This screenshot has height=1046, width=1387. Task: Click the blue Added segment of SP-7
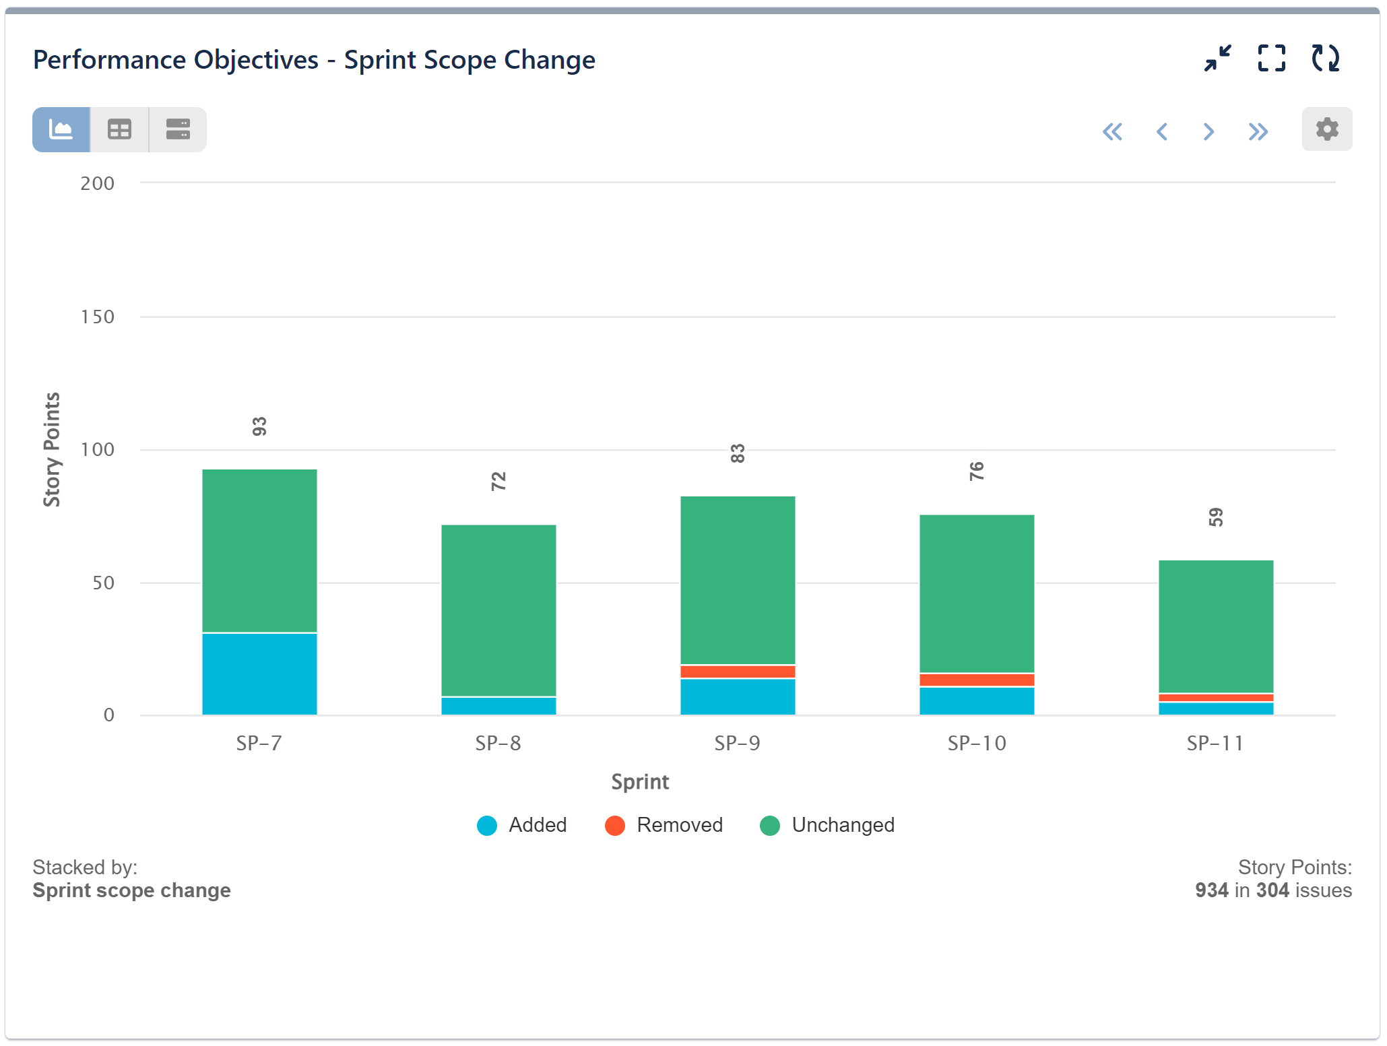click(x=259, y=674)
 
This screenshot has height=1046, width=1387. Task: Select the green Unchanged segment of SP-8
click(x=498, y=610)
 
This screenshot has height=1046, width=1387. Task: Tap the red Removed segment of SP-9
click(x=738, y=672)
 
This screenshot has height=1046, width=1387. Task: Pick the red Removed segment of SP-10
click(x=977, y=680)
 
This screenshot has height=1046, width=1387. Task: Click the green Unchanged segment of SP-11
click(x=1216, y=626)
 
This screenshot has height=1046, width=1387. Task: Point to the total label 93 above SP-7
click(x=259, y=426)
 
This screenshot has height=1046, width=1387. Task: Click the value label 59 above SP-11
click(x=1215, y=517)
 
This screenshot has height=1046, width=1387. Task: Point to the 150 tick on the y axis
click(x=97, y=317)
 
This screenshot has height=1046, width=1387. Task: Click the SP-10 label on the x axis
click(x=977, y=744)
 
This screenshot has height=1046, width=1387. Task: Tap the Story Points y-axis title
click(x=52, y=449)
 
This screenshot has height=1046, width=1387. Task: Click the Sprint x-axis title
click(x=640, y=782)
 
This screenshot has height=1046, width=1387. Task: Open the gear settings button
click(x=1326, y=129)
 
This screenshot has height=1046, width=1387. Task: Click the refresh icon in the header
click(x=1325, y=59)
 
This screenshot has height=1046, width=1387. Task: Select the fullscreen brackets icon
click(x=1271, y=59)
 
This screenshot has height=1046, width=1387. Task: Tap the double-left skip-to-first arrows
click(x=1112, y=131)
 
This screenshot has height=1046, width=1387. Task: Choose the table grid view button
click(x=119, y=129)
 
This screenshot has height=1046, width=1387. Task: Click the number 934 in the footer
click(x=1211, y=890)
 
